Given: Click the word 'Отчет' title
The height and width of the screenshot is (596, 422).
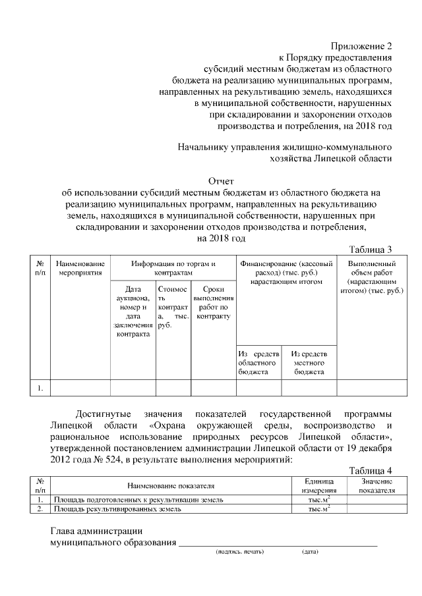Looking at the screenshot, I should pyautogui.click(x=221, y=180).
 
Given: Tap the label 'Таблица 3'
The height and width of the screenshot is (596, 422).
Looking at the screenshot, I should pyautogui.click(x=370, y=249).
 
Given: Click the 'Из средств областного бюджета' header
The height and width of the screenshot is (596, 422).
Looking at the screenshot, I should pyautogui.click(x=258, y=363).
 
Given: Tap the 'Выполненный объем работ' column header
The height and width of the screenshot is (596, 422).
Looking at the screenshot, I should pyautogui.click(x=371, y=277).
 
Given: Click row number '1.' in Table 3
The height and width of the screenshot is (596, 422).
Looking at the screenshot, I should pyautogui.click(x=41, y=388).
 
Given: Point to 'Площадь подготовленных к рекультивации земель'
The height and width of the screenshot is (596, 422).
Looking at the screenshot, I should pyautogui.click(x=138, y=500).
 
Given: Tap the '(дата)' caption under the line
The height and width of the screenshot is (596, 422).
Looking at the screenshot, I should pyautogui.click(x=310, y=551).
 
